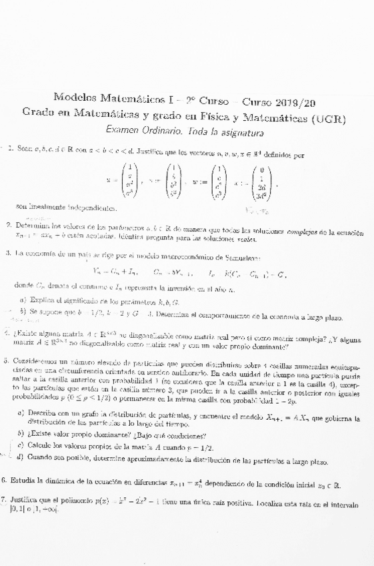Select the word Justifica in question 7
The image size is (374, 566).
(30, 499)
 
